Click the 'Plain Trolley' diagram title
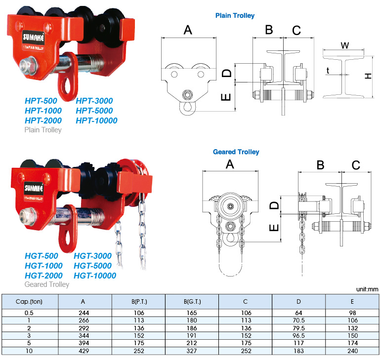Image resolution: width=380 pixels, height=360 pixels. [235, 16]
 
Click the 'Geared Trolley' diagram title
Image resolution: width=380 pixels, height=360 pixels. [236, 152]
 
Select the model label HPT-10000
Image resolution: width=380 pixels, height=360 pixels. [97, 120]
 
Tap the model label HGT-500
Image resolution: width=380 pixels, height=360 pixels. [42, 256]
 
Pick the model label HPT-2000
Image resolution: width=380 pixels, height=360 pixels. [43, 120]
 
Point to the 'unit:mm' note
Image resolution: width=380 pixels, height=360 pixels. [366, 289]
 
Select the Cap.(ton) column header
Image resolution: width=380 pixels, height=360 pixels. [30, 301]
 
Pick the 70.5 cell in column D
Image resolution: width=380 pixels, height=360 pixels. [298, 320]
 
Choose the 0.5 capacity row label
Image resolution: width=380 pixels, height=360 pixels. [30, 312]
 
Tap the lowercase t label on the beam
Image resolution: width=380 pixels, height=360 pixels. [328, 71]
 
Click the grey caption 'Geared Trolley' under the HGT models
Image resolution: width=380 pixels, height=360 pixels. [47, 284]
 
